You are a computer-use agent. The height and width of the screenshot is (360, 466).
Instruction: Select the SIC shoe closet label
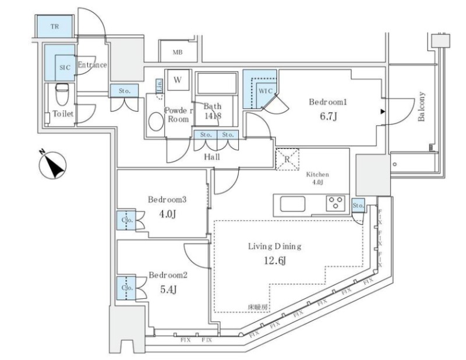click(63, 67)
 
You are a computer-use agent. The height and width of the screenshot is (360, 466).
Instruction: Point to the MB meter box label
click(177, 52)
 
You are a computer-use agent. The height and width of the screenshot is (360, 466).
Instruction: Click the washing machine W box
click(176, 79)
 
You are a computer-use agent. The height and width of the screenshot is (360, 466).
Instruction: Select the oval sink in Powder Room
click(156, 122)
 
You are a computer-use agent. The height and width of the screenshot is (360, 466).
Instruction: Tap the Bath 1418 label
click(212, 111)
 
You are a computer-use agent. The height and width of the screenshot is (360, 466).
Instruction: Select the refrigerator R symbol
click(287, 159)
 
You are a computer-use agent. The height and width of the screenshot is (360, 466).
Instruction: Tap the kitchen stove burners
click(336, 203)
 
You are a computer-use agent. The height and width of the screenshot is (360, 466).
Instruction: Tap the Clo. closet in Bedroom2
click(125, 288)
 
